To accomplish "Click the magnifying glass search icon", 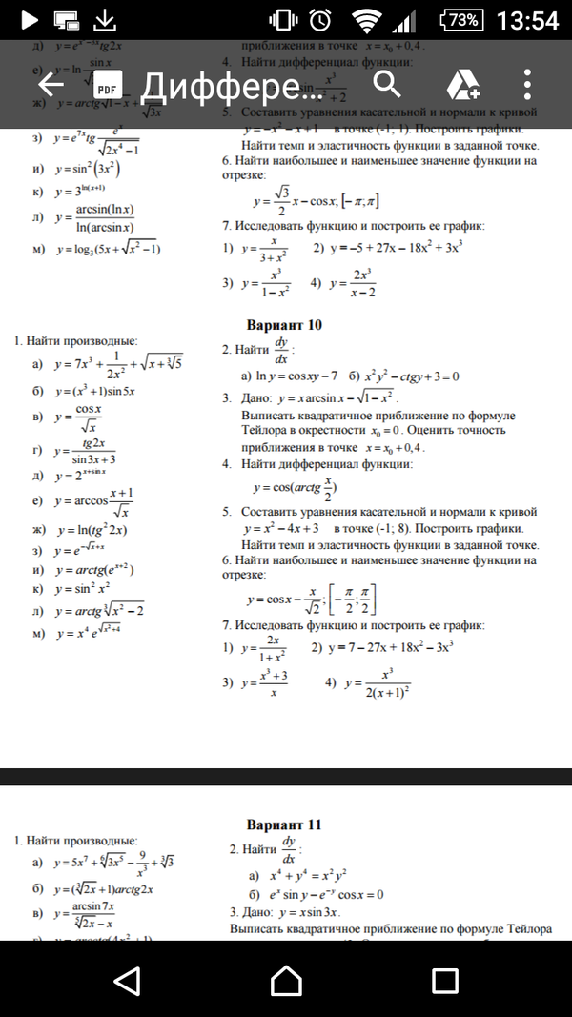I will [386, 85].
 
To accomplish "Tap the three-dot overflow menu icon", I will [527, 86].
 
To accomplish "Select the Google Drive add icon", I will [461, 86].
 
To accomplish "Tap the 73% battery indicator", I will [462, 20].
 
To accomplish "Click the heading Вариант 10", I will [284, 325].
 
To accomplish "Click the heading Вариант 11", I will [284, 824].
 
